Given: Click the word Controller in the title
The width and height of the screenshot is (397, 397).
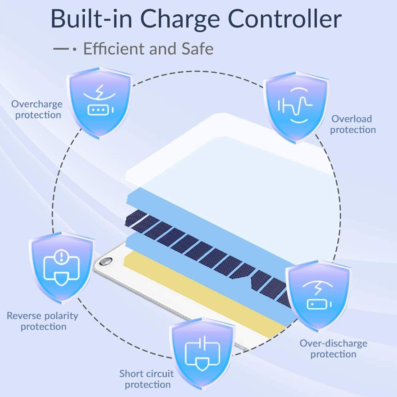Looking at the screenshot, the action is point(284,19).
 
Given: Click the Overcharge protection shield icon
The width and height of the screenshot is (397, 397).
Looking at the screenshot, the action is point(100,103).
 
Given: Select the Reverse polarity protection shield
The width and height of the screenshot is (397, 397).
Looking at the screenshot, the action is point(62,267).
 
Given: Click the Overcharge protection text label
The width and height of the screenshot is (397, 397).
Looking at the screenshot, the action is point(37,110).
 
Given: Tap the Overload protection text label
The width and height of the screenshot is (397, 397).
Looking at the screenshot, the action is point(353,124).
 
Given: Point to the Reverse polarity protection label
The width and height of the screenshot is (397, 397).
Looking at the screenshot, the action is point(42,321).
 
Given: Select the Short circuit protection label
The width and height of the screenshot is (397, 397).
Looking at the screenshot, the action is point(147,379).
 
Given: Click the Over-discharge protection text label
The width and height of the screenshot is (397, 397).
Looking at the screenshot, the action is point(333,349).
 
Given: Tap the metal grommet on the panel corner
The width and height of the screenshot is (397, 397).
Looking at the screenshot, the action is point(105,261).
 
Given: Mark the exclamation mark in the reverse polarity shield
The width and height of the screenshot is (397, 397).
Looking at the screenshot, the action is point(62,256).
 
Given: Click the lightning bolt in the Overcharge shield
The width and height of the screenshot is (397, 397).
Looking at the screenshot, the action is point(100,91).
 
